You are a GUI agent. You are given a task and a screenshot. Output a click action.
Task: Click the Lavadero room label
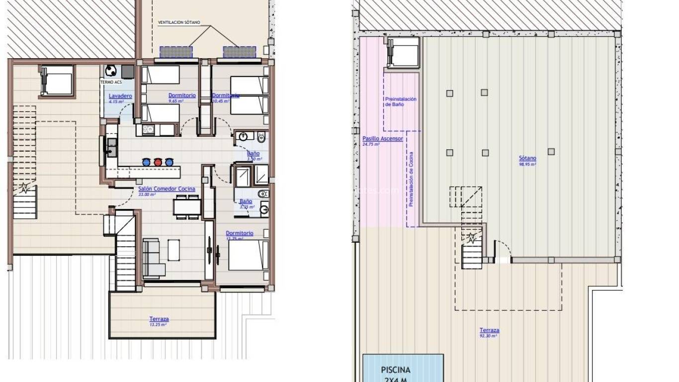(x=120, y=95)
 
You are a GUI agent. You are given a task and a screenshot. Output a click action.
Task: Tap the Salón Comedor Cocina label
(x=167, y=189)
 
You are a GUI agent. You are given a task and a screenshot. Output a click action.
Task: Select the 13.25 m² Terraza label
(x=159, y=319)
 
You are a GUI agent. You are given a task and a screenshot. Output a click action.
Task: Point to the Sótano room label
(x=528, y=158)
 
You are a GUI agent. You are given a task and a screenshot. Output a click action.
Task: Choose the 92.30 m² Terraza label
(x=490, y=330)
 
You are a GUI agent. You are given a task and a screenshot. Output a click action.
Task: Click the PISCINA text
(x=396, y=370)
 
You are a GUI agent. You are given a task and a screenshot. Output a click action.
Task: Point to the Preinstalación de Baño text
(x=401, y=102)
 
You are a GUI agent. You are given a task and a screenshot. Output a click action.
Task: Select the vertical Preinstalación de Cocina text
(x=411, y=180)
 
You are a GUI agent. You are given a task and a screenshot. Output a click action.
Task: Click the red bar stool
(x=158, y=162)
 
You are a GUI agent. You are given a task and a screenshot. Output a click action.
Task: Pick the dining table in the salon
(x=187, y=206)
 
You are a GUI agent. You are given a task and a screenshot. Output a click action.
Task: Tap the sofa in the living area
(x=151, y=258)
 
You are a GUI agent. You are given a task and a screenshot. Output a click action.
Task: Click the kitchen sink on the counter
(x=111, y=147)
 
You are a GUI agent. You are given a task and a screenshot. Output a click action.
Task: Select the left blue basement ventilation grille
(x=176, y=52)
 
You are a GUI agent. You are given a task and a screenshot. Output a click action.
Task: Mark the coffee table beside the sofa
(x=173, y=250)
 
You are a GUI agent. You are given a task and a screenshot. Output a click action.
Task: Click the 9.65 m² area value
(x=176, y=101)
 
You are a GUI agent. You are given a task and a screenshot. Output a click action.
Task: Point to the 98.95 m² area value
(x=527, y=164)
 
